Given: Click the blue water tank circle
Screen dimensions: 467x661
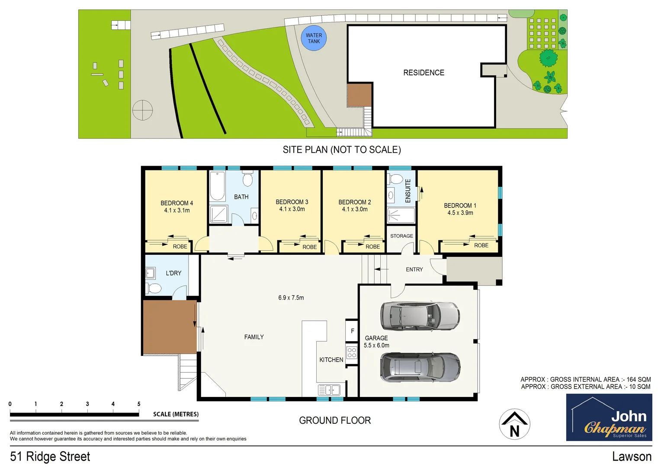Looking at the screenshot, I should tap(314, 38).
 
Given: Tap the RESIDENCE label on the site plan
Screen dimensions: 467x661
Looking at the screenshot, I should tap(424, 73).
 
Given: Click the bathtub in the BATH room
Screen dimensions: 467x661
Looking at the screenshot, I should tap(217, 186).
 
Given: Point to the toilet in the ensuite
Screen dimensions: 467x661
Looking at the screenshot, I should tap(395, 179).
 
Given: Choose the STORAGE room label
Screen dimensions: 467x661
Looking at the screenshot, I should tap(401, 236).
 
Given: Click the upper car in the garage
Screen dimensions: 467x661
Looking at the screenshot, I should tap(419, 316).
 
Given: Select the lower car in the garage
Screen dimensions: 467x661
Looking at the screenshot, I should tap(420, 368).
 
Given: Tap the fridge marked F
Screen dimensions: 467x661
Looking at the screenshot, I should tap(352, 331).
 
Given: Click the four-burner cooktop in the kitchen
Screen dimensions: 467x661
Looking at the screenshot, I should tap(352, 352).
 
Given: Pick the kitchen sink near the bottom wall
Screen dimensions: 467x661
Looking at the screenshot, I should tap(329, 390).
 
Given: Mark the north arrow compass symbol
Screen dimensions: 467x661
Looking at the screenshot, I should tap(514, 424).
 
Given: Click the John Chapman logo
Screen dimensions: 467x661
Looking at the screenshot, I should tap(609, 417).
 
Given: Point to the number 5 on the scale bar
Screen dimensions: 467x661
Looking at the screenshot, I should tap(139, 404).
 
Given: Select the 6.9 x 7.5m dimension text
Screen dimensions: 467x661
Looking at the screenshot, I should tap(291, 297).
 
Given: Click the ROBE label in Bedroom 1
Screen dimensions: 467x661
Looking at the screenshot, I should tap(481, 245).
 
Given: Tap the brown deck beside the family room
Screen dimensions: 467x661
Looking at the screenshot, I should tap(170, 327).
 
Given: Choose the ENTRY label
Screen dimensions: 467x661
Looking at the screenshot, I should tap(414, 269).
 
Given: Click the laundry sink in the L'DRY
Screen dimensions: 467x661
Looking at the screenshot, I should tap(150, 273).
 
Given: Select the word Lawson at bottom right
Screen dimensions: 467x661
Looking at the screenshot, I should tap(631, 457).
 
